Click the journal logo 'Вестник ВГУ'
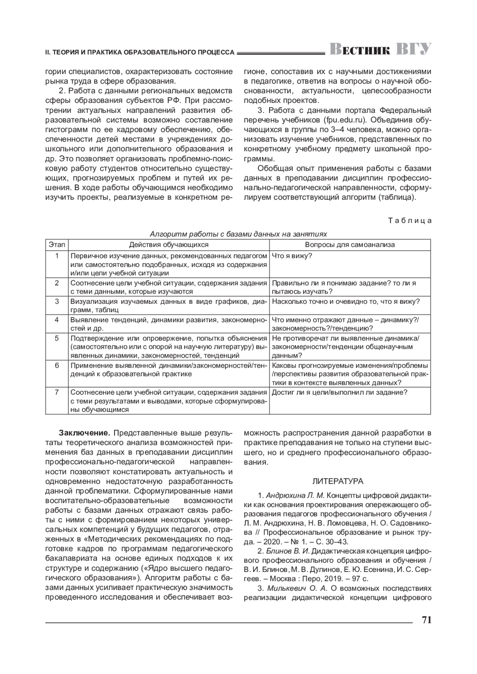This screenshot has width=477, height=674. click(380, 49)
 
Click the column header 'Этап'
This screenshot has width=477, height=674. click(57, 245)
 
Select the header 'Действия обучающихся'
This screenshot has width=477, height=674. click(169, 245)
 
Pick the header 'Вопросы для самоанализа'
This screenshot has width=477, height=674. click(350, 245)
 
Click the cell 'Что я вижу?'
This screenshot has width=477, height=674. click(292, 255)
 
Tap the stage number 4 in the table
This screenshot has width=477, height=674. click(57, 319)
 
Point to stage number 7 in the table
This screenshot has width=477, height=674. click(57, 392)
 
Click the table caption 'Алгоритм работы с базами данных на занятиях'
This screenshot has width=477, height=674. click(238, 234)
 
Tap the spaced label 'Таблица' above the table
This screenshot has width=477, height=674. click(409, 221)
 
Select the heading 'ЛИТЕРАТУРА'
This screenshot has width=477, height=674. click(337, 481)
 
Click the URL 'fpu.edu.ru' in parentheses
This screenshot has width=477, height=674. click(343, 119)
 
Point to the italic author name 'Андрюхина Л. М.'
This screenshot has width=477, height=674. click(295, 496)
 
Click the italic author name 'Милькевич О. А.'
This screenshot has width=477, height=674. click(296, 588)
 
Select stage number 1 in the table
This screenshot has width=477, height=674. click(57, 255)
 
